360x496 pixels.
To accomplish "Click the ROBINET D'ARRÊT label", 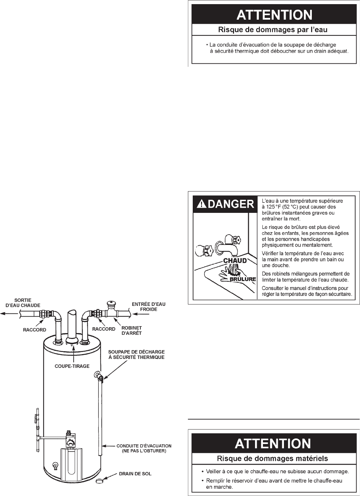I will pos(132,331).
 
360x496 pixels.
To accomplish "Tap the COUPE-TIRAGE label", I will pos(72,366).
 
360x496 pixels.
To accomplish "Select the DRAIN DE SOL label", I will pos(135,474).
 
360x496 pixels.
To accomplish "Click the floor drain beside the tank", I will pos(99,479).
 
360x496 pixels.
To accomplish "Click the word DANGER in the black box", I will pos(229,204).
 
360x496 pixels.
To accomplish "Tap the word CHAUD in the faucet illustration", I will pos(235,261).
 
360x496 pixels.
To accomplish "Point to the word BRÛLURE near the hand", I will pos(243,279).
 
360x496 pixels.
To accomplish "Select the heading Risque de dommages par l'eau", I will pos(273,30).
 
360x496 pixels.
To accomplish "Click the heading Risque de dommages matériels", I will pos(273,458).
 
